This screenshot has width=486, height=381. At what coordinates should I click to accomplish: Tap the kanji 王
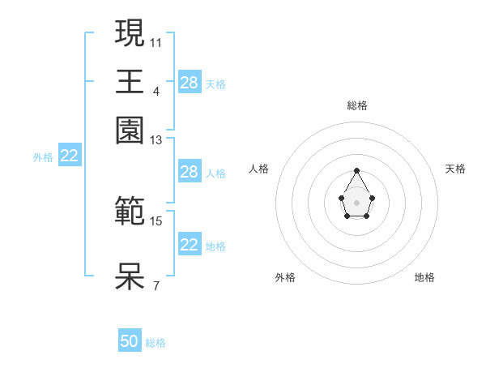coord(130,82)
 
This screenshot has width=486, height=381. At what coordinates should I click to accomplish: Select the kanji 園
coord(130,131)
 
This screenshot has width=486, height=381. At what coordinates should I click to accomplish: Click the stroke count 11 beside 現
coord(156,41)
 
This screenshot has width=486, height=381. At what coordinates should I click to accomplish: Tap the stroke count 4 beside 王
coord(156,90)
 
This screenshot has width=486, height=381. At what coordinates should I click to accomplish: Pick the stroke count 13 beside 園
coord(156,139)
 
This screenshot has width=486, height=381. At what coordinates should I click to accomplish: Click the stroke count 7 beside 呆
coord(156,285)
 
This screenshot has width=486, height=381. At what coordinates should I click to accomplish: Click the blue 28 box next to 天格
coord(190,83)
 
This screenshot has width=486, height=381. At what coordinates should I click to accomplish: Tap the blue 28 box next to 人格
coord(190,172)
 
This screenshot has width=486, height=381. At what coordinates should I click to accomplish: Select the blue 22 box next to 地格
coord(190,245)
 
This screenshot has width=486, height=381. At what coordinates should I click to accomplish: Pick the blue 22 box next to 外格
coord(70,156)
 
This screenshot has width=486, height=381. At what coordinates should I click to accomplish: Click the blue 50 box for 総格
coord(130,342)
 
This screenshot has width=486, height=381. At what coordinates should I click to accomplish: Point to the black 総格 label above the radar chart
coord(357,105)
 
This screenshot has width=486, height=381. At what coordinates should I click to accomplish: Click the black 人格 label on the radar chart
coord(259,169)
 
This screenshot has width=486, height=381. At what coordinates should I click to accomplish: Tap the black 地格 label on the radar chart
coord(424,277)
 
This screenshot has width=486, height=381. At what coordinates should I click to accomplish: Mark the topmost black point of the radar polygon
coord(357,170)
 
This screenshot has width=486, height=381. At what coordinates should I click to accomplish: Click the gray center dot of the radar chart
coord(357,202)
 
